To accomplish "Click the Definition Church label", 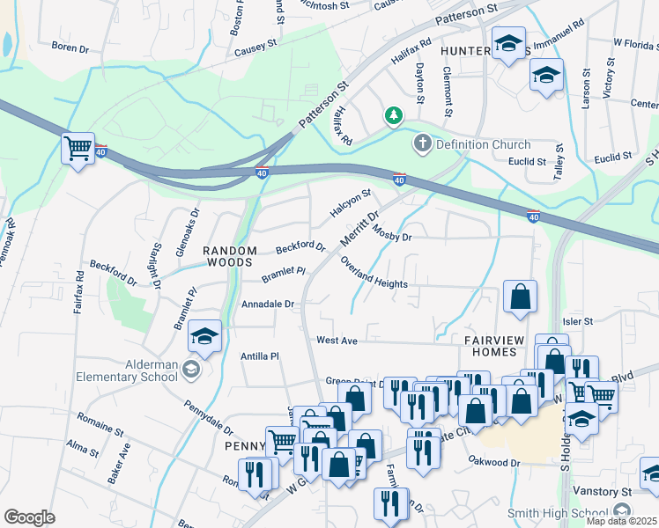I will point(483,144).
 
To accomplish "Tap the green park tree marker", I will point(393,116).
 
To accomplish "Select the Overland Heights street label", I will point(374,277).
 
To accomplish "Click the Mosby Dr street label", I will point(393,237).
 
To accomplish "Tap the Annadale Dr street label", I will point(267,304).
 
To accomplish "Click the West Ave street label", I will point(337,340).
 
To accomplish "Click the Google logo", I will point(29,517).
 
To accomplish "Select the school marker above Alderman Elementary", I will point(205,337).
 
